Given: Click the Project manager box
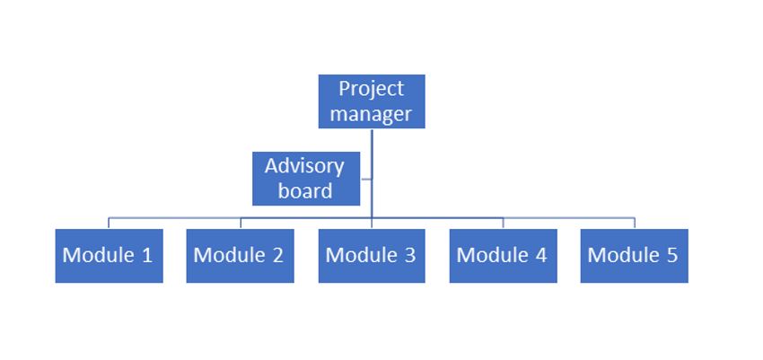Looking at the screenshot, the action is pos(372,101).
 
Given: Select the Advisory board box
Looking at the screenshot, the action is pos(306,179).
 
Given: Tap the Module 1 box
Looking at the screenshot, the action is pos(109,256).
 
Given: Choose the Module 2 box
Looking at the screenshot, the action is pos(240,256).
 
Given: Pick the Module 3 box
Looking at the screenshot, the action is pos(372,256).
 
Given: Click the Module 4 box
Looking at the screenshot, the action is pos(504,256).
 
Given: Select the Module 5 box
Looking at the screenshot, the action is pos(634,256).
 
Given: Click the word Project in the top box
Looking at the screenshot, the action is pos(372,90).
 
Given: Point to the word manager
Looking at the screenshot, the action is pos(372,114).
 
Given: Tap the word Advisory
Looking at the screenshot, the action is pos(304,167).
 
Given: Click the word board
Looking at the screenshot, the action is pos(305,190).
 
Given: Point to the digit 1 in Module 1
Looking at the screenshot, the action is pos(147,255).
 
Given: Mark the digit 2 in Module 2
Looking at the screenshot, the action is pos(278,255).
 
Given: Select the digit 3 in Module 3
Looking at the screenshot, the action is pos(410,255).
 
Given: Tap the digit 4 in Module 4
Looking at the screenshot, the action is pos(541,255).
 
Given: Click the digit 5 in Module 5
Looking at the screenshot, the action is pos(672,255).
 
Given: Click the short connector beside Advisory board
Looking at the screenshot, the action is pos(366,179).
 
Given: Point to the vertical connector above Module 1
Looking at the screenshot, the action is pos(109,224).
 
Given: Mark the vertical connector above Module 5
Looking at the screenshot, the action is pos(635,224).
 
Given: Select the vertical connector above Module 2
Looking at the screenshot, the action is pos(241,224).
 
